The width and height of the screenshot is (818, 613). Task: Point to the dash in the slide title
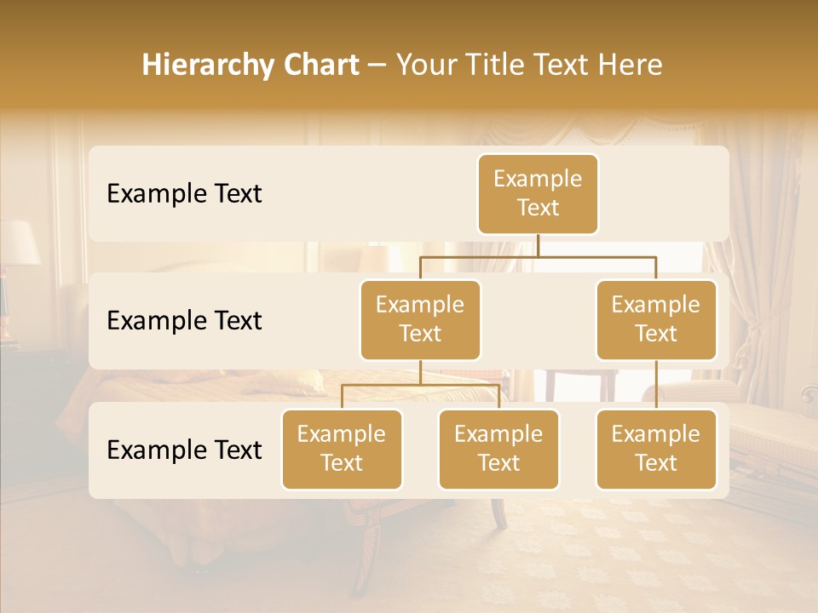[x=377, y=66]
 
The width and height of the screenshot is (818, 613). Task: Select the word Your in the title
[x=425, y=66]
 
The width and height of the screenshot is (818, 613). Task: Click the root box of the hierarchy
[x=538, y=193]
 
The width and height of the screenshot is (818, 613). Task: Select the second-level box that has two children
[x=420, y=319]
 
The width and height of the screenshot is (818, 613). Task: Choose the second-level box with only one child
[x=656, y=319]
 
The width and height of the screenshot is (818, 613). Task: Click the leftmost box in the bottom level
[x=342, y=449]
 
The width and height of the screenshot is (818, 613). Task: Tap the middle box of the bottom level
[x=498, y=449]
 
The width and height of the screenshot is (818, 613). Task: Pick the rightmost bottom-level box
[x=656, y=449]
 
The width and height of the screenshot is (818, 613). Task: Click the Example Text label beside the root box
[x=184, y=193]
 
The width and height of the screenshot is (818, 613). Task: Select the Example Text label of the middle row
[x=184, y=320]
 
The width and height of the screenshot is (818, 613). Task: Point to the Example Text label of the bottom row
[x=184, y=450]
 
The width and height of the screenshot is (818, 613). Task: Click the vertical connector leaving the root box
[x=538, y=245]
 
